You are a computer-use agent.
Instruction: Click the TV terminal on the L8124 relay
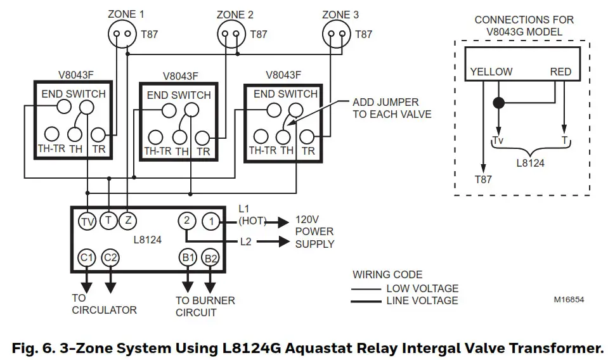[87, 221]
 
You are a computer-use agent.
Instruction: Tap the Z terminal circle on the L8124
[128, 221]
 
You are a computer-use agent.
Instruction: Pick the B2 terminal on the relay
[210, 258]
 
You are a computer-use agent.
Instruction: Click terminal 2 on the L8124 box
[186, 221]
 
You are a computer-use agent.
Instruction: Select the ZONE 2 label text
[235, 15]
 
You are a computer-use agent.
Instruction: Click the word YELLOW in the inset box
[491, 72]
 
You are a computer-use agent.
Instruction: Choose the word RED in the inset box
[560, 72]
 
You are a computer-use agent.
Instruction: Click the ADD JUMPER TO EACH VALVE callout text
[392, 108]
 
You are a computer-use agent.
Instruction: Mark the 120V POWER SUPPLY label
[314, 231]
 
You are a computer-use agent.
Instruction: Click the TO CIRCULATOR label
[104, 304]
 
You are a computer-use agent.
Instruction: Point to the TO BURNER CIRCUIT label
[205, 306]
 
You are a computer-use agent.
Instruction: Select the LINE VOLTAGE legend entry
[422, 300]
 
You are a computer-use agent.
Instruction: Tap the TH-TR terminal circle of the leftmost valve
[52, 134]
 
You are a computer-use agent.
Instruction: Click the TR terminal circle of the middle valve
[202, 137]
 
